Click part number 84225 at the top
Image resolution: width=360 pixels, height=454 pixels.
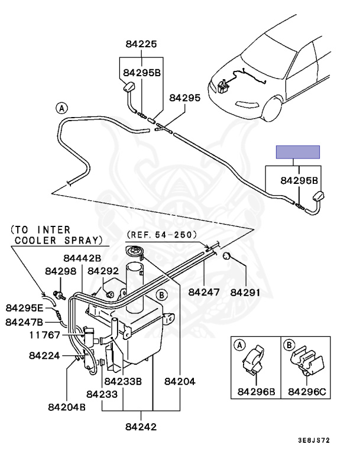coord(141,44)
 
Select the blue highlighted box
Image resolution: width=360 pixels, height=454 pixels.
coord(298,152)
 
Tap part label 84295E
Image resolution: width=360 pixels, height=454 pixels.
coord(24,308)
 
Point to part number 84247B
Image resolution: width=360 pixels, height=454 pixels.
coord(24,322)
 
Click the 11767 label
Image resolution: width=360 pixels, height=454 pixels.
coord(44,335)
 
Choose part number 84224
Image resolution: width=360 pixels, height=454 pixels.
coord(44,355)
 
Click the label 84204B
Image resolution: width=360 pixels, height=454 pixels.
coord(67,407)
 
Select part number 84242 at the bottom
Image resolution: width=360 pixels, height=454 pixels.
coord(141,427)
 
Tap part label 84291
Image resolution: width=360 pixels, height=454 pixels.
coord(245,293)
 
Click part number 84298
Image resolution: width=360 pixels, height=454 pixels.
coord(60,271)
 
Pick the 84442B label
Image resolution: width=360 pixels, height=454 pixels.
coord(82,258)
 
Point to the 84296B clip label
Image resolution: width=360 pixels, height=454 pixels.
coord(256,392)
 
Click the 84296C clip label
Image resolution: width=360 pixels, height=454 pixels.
coord(307,392)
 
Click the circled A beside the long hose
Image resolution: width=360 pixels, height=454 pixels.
coord(61,109)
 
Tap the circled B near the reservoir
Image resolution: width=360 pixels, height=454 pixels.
coord(161,296)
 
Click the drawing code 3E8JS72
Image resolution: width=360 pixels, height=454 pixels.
coord(314,440)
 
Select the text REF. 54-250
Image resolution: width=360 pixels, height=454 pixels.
coord(161,235)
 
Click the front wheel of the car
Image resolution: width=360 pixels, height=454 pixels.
coord(272,110)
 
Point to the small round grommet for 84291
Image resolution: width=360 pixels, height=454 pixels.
coord(226,256)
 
